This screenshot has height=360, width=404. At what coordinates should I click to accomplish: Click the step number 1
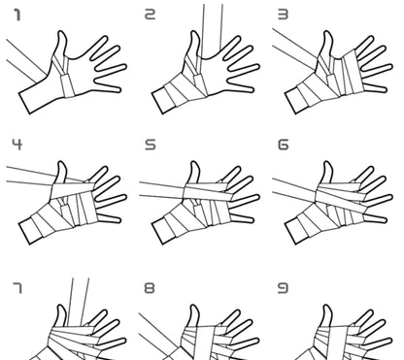click(x=17, y=16)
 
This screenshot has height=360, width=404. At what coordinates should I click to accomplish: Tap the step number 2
click(x=150, y=15)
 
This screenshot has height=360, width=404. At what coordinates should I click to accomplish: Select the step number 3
click(x=284, y=15)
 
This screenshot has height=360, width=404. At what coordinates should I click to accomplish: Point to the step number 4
click(x=17, y=145)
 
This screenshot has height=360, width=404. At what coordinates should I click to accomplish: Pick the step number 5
click(x=151, y=145)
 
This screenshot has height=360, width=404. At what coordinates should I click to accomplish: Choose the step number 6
click(x=284, y=145)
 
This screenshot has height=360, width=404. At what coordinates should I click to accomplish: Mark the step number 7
click(x=17, y=287)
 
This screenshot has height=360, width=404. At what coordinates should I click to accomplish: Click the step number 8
click(x=150, y=287)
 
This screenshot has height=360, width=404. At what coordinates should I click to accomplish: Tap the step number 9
click(x=283, y=287)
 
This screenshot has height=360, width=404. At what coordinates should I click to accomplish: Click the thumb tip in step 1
click(x=61, y=32)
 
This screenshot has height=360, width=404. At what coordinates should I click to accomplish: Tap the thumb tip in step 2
click(x=194, y=32)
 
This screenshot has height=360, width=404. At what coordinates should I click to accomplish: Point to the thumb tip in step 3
click(x=327, y=32)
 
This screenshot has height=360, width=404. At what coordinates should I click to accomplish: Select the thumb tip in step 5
click(x=193, y=162)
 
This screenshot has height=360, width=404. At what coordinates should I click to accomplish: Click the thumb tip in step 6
click(x=327, y=162)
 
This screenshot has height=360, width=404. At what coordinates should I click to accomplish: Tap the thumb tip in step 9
click(x=327, y=306)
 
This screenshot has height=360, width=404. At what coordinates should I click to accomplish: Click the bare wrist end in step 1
click(x=24, y=103)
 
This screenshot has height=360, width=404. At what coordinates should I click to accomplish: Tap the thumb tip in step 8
click(x=193, y=306)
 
